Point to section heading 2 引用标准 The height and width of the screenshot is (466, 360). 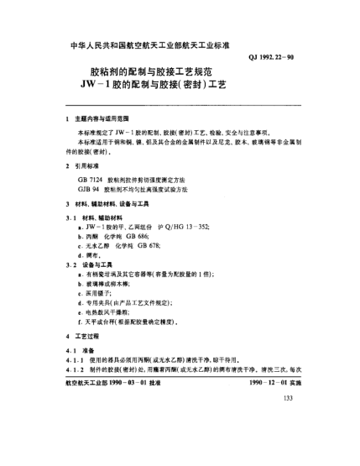(87, 167)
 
